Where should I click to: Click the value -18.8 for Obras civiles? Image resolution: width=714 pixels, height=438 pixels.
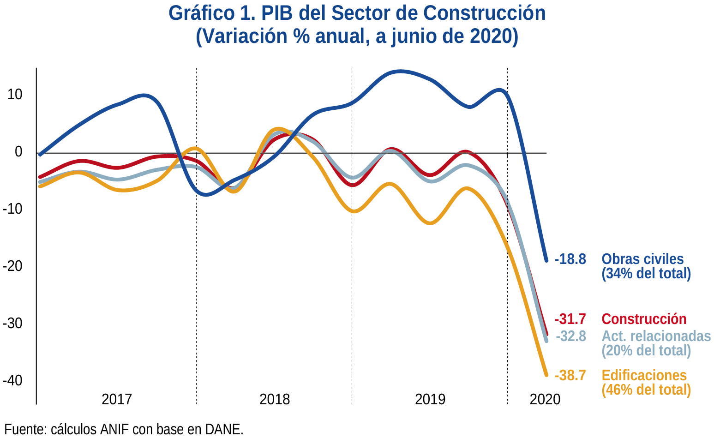[x=570, y=259]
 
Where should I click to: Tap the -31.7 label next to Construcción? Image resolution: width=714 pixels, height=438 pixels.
[x=570, y=319]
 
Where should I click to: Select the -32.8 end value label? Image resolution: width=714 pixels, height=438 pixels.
[x=570, y=336]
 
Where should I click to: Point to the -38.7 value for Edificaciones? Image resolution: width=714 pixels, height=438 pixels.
[x=570, y=376]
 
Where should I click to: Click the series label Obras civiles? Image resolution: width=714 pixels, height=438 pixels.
[x=642, y=259]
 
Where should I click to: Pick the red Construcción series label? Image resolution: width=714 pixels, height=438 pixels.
[x=644, y=319]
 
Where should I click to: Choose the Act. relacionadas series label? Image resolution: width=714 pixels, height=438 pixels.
[x=656, y=336]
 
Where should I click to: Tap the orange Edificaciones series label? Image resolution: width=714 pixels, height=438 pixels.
[x=644, y=376]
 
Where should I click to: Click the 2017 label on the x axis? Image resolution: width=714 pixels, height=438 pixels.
[x=117, y=399]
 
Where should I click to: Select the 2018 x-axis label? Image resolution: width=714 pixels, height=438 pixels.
[x=275, y=399]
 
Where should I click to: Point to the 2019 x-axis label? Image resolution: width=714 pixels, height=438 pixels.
[x=430, y=399]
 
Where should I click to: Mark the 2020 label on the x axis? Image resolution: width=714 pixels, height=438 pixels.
[x=545, y=399]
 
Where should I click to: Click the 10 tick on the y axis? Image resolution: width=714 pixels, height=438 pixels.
[x=15, y=95]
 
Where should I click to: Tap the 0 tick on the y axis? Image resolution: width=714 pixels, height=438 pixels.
[x=18, y=152]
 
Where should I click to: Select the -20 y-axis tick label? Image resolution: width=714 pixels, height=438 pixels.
[x=12, y=266]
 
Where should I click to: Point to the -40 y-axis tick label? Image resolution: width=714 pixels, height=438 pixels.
[x=12, y=381]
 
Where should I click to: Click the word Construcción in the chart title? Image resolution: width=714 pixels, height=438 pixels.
[x=484, y=13]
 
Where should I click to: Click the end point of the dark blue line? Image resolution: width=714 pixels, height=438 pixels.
[x=546, y=261]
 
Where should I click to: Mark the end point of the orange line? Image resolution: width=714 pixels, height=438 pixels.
[x=546, y=375]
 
